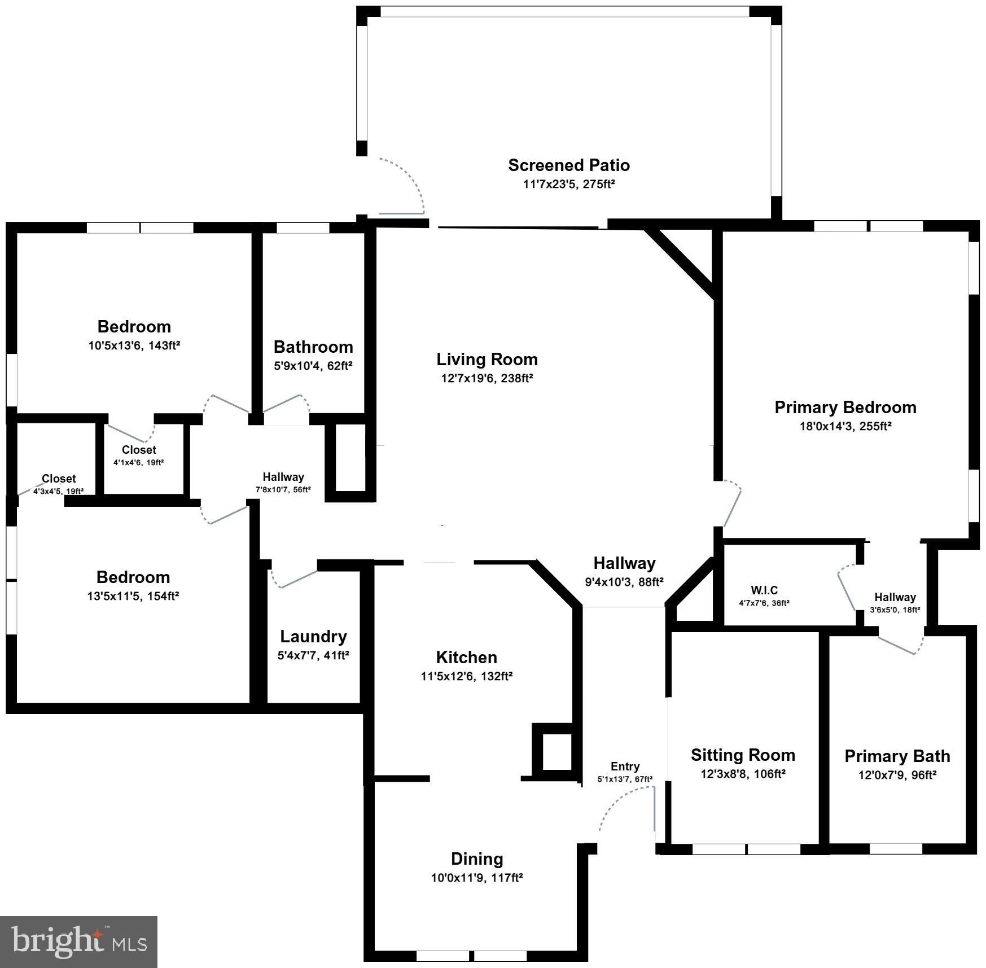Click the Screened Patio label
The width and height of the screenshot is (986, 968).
568,165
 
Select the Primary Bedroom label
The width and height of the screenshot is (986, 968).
845,407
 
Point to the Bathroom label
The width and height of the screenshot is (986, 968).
313,347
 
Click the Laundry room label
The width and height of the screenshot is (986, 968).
313,636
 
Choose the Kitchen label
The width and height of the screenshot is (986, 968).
466,657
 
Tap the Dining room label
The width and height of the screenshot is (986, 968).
476,859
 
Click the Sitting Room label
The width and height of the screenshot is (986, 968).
743,755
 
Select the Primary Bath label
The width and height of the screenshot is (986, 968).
897,756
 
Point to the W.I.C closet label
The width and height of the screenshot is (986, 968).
764,590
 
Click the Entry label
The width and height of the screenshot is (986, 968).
625,766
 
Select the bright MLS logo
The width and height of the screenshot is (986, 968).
78,941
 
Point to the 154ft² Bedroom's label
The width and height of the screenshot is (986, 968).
133,577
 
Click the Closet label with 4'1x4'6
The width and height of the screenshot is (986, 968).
139,450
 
